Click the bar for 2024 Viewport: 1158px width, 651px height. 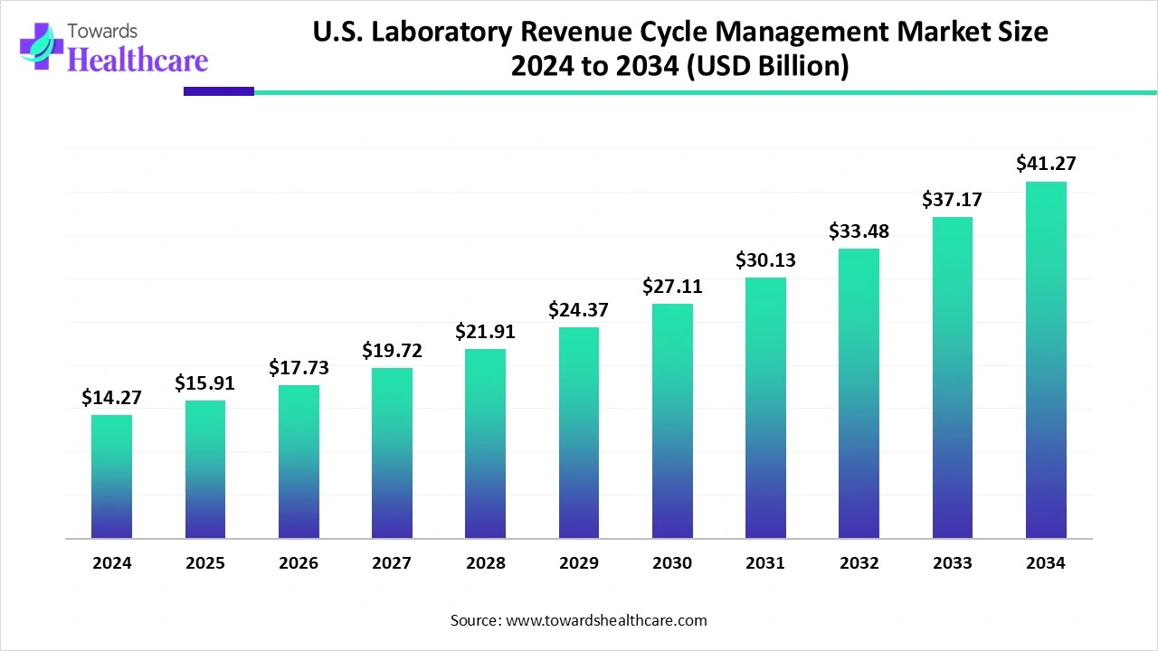click(x=111, y=476)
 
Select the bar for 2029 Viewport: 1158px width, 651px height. click(x=578, y=432)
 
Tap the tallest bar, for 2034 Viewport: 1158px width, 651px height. click(x=1046, y=360)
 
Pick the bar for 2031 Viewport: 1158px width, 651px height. click(x=765, y=408)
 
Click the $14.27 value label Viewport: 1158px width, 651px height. click(x=111, y=397)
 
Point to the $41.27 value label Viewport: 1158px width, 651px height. click(x=1046, y=164)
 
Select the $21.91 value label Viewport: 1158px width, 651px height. click(x=485, y=331)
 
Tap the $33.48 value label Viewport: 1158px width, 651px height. click(x=859, y=231)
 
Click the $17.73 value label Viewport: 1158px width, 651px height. click(x=299, y=367)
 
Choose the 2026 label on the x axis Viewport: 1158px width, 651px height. click(x=299, y=562)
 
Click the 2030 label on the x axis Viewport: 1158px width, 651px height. click(x=672, y=562)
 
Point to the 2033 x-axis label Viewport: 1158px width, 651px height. click(x=953, y=562)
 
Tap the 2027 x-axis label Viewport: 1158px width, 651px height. click(x=392, y=562)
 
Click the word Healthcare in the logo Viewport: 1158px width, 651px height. click(x=138, y=60)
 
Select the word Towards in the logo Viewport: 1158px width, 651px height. click(x=102, y=32)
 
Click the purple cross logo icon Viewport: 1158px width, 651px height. click(x=42, y=46)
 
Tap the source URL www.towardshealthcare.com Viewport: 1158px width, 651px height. click(x=606, y=620)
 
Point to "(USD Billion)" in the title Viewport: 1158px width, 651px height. click(x=767, y=66)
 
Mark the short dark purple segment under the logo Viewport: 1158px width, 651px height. click(x=219, y=91)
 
